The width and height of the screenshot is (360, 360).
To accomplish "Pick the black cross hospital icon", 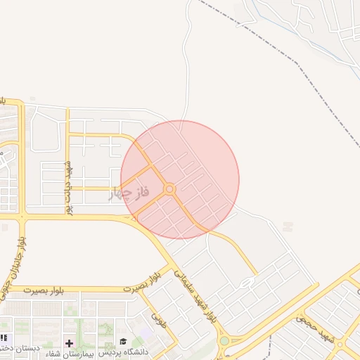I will [x=69, y=343].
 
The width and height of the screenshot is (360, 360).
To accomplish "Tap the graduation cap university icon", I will [x=123, y=342].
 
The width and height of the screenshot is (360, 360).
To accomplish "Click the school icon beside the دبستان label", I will [x=3, y=338].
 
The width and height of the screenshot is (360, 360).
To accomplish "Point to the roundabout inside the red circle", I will [x=169, y=189].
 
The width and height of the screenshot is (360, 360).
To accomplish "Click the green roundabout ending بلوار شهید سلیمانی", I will [x=224, y=342].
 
